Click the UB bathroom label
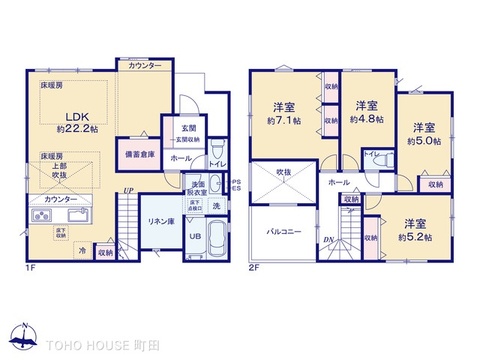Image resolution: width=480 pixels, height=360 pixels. [196, 236]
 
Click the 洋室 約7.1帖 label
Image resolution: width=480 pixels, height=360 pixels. [281, 113]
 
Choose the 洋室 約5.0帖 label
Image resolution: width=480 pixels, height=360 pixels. [425, 135]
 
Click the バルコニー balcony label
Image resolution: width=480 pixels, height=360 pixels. [285, 232]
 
